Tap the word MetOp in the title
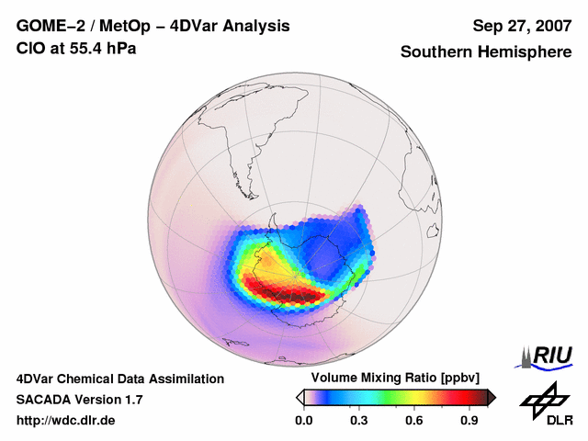124,26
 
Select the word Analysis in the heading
253,26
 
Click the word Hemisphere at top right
526,52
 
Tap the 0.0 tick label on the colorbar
304,421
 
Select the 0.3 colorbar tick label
359,421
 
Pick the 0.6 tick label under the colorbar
414,421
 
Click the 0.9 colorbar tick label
469,421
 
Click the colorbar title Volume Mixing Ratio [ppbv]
392,379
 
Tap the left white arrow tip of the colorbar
300,397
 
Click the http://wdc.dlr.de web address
67,421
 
